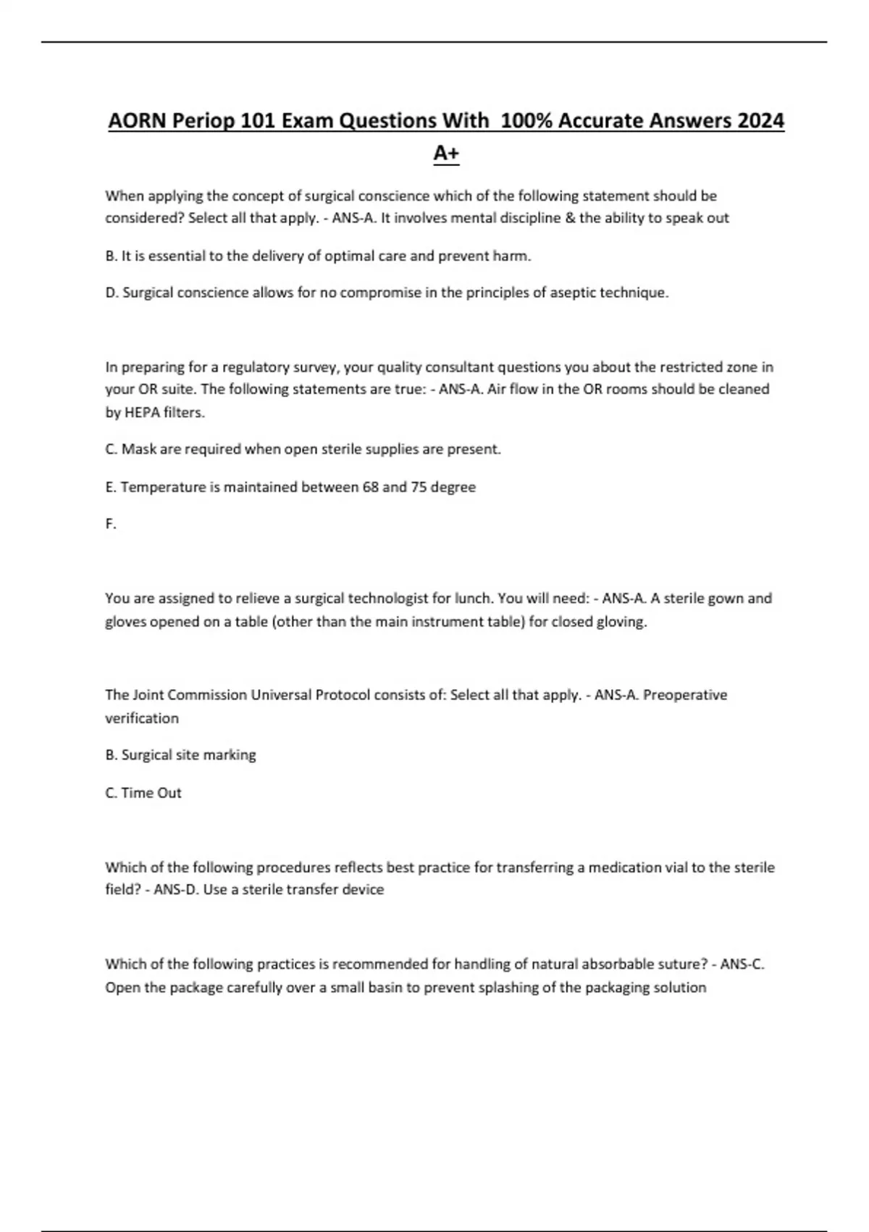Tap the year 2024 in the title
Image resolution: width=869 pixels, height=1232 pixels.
point(760,120)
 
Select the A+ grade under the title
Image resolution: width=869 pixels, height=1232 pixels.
point(446,153)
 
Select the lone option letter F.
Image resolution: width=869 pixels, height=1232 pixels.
point(110,524)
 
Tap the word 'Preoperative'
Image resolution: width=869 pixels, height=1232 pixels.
point(685,695)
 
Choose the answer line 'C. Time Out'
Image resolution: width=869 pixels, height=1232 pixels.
point(143,793)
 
